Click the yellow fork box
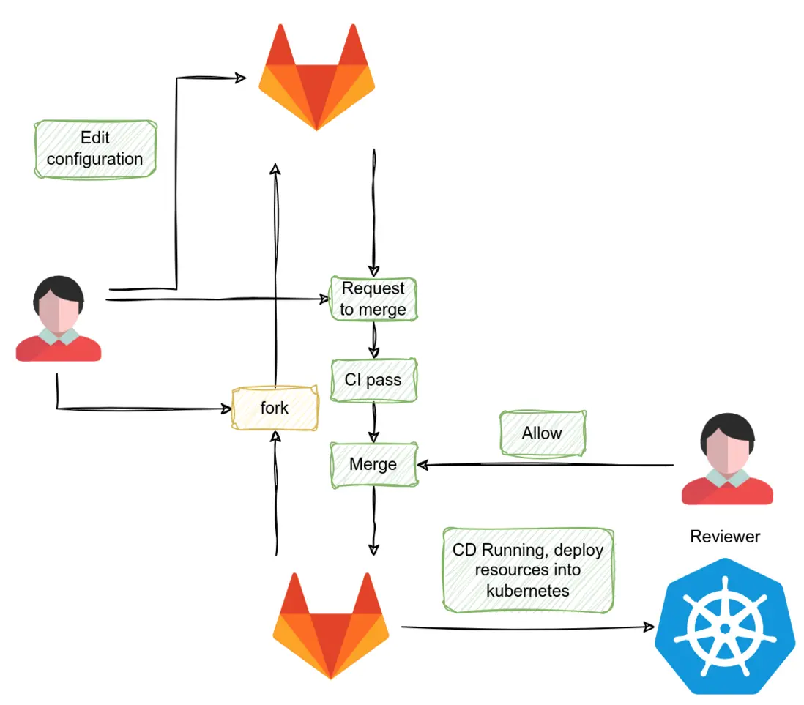tap(275, 408)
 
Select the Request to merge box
tap(373, 299)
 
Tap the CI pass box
tap(373, 380)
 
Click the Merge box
tap(373, 464)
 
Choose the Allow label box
tap(542, 433)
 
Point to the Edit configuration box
tap(95, 149)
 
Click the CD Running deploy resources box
tap(527, 570)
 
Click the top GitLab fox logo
tap(316, 77)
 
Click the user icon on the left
tap(59, 319)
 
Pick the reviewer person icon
tap(726, 460)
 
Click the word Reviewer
tap(725, 537)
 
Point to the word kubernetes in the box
tap(528, 589)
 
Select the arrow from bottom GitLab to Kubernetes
tap(527, 627)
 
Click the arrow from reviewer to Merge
tap(546, 465)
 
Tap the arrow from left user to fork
tap(139, 408)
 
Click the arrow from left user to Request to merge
tap(220, 299)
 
